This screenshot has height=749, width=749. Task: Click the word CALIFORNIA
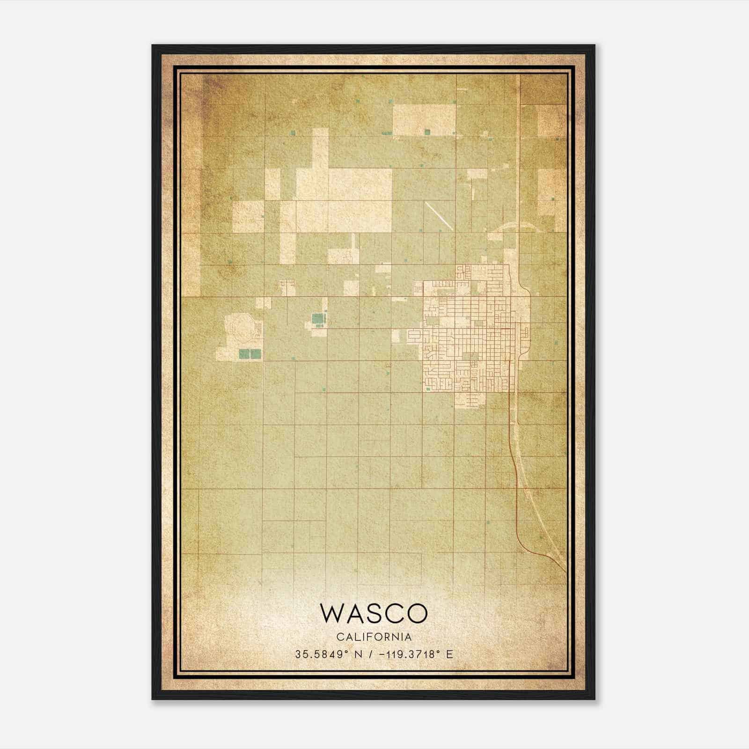point(374,637)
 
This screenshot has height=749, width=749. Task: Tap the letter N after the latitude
point(359,654)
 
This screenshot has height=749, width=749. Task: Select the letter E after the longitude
point(450,654)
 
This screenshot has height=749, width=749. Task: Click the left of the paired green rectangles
point(244,354)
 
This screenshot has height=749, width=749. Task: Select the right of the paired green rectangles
point(256,354)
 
